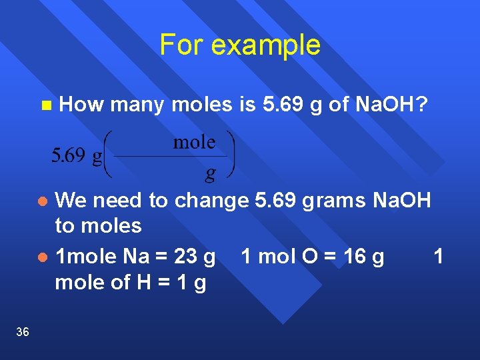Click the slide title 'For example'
[x=240, y=45]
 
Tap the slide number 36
[x=22, y=332]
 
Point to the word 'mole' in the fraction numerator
[x=194, y=142]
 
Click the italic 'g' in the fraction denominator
[x=210, y=173]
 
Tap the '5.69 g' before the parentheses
[x=77, y=156]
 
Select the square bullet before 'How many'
[x=45, y=105]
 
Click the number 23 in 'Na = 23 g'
[x=185, y=257]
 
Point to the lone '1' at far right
[x=438, y=257]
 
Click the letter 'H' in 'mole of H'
[x=143, y=283]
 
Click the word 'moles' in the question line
[x=202, y=105]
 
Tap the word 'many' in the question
[x=138, y=105]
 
